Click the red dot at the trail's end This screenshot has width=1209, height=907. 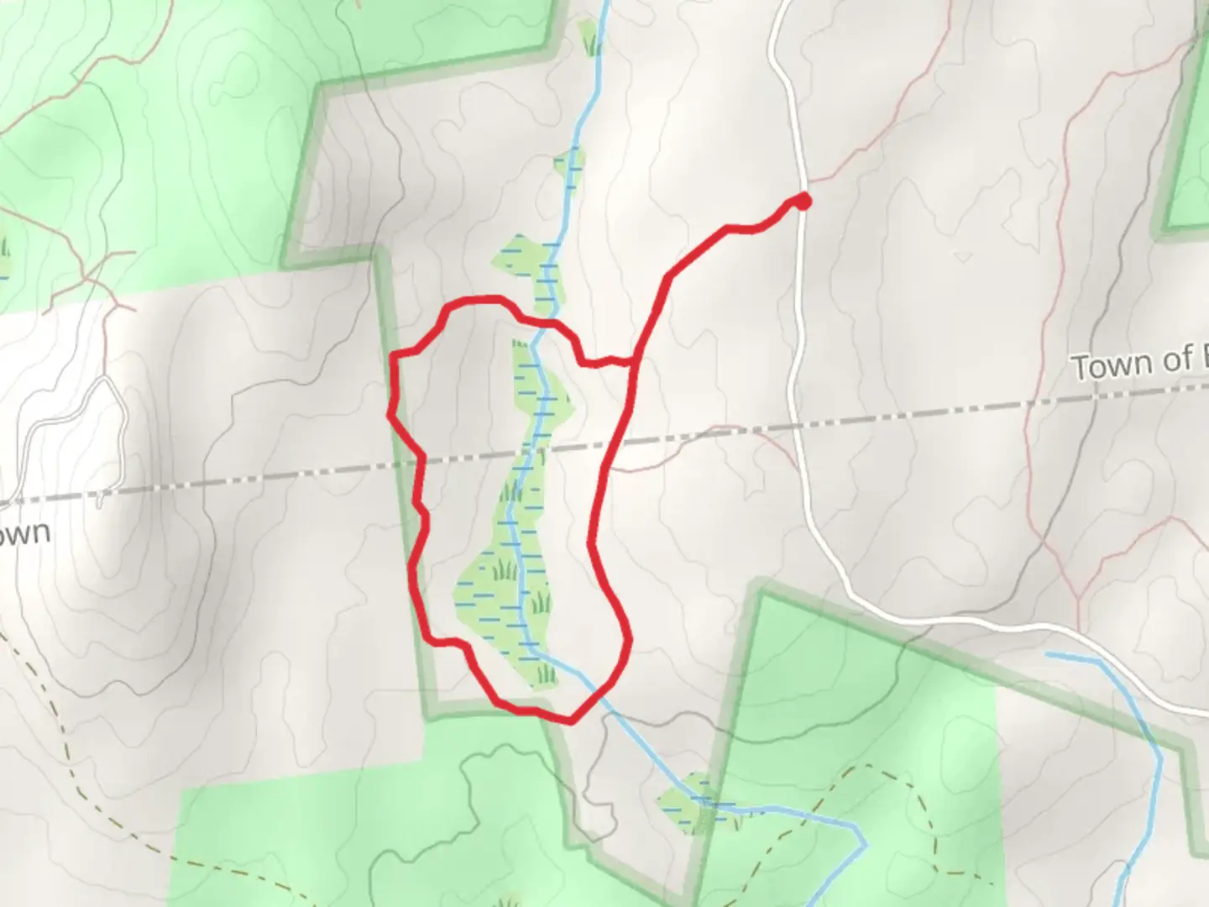click(x=803, y=201)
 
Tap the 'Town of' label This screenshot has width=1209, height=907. click(x=1138, y=363)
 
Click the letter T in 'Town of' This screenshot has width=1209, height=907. click(x=1081, y=368)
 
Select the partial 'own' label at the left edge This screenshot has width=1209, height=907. click(x=25, y=532)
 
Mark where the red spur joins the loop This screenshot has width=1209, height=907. click(x=632, y=362)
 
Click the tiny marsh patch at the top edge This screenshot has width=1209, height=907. click(x=589, y=37)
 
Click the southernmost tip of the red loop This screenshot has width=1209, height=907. click(x=571, y=720)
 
